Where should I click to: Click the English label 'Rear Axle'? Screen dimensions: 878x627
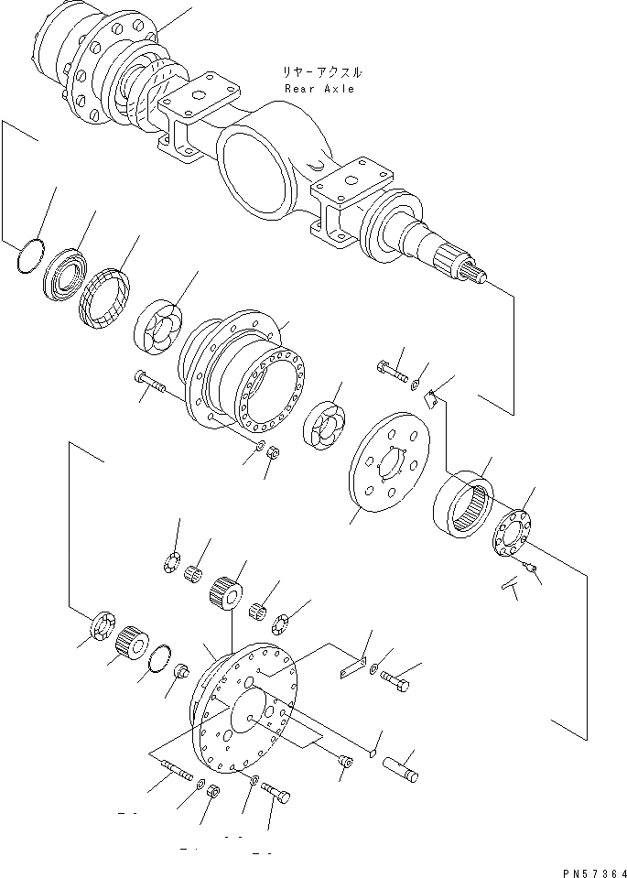pyautogui.click(x=319, y=89)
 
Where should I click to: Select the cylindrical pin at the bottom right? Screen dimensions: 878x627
pyautogui.click(x=403, y=767)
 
